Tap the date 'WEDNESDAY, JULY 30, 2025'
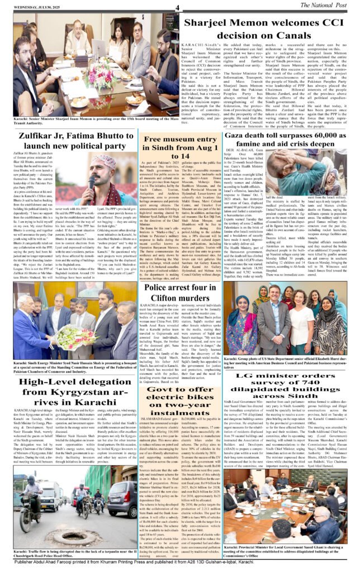pos(31,7)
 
